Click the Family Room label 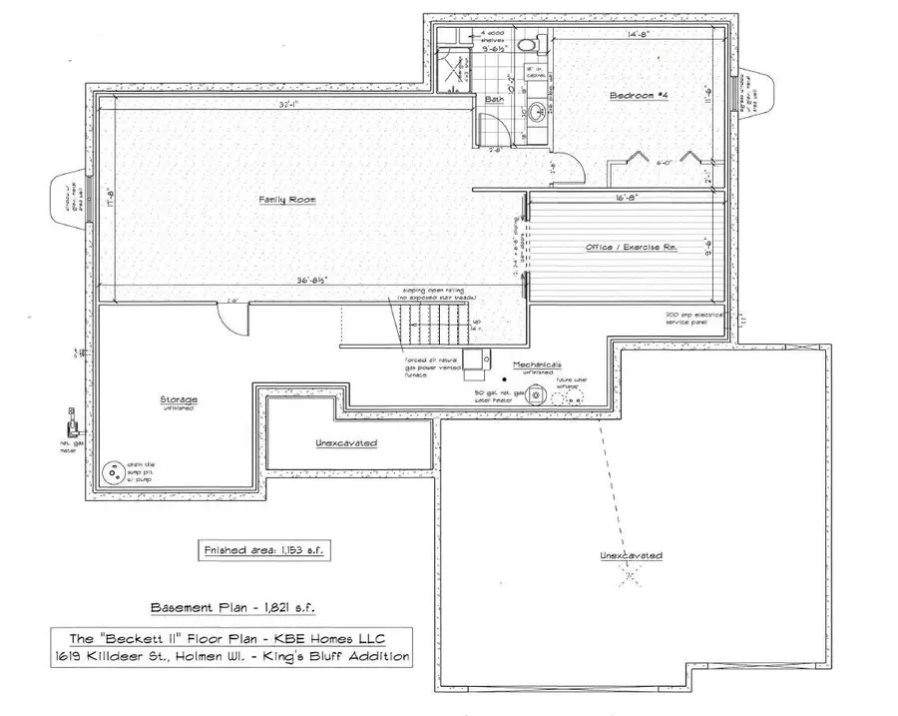click(x=287, y=200)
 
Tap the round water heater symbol click(x=538, y=396)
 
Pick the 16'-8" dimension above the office click(x=627, y=199)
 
